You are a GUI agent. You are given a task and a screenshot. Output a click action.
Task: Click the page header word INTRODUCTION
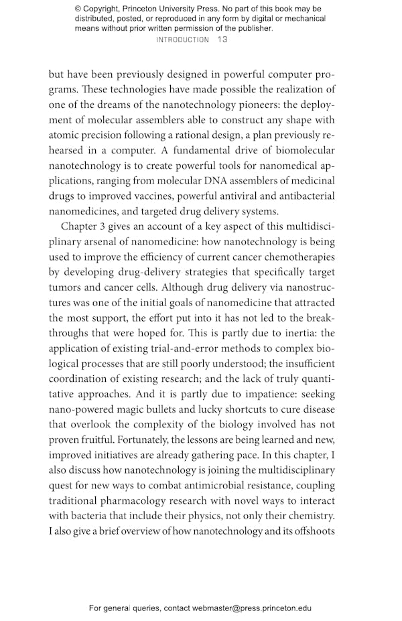pyautogui.click(x=182, y=40)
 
